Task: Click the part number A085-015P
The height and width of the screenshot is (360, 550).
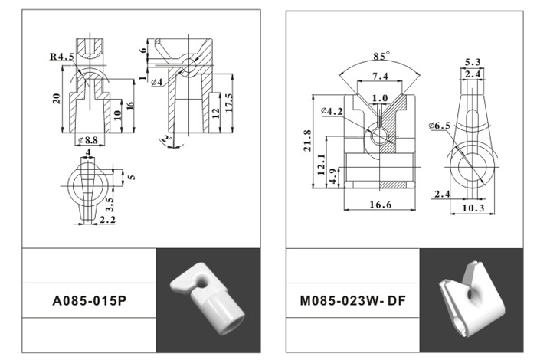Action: [x=87, y=301]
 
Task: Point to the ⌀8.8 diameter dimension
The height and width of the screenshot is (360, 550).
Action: [x=90, y=140]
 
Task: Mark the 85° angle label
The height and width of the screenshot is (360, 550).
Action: [x=381, y=56]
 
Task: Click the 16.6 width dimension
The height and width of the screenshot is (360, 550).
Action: [x=380, y=205]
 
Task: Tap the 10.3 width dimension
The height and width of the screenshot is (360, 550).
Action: [x=473, y=207]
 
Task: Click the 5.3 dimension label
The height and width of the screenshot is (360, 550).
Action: [x=472, y=61]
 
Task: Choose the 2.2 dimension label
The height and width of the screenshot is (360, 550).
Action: [x=107, y=221]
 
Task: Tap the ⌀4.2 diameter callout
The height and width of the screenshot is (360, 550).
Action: [x=332, y=112]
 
